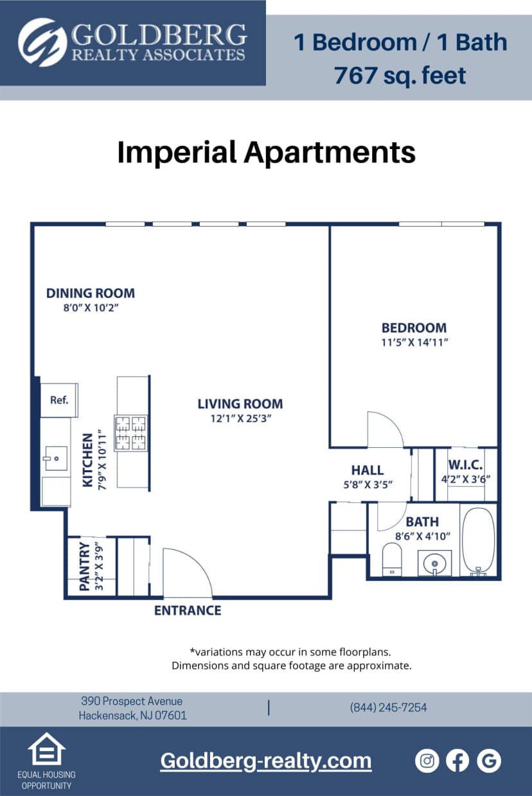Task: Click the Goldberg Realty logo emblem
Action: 42,42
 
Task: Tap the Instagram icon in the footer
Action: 427,761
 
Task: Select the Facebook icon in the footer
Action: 457,761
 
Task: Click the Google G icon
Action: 489,761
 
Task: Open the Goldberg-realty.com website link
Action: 265,761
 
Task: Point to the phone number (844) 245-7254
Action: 388,707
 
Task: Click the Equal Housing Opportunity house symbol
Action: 46,749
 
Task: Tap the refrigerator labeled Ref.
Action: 59,400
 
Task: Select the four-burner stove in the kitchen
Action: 130,432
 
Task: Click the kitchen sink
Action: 56,459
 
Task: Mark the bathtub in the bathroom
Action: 478,540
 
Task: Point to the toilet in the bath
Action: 391,558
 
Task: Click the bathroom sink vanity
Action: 434,563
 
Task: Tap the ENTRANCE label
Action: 188,610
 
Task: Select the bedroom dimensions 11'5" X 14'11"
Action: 414,342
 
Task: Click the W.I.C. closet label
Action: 465,465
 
